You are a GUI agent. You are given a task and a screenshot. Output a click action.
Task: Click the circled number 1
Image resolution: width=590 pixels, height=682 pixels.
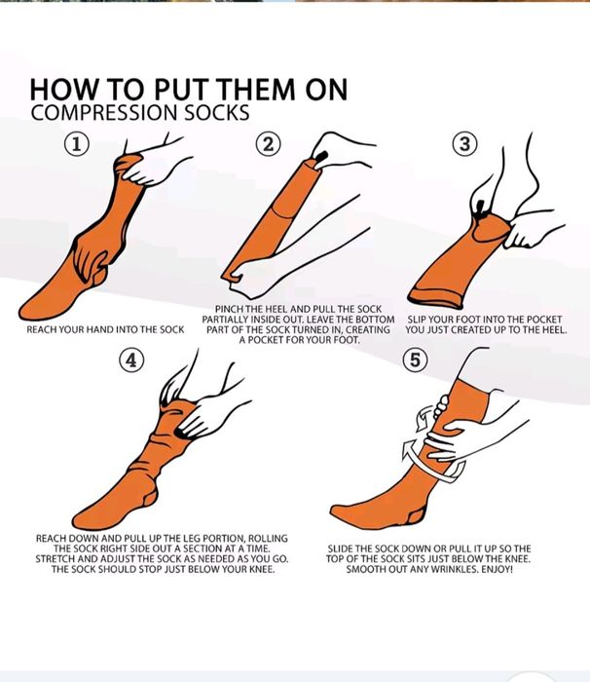[77, 144]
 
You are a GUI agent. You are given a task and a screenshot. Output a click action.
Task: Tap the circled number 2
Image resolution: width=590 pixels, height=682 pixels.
[269, 144]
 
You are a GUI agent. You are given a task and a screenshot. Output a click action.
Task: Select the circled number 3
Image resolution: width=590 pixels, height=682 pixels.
[464, 144]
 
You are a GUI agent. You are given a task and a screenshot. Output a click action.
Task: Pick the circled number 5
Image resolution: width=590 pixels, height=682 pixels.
[415, 360]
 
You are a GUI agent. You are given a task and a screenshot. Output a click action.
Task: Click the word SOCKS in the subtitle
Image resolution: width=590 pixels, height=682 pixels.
[217, 113]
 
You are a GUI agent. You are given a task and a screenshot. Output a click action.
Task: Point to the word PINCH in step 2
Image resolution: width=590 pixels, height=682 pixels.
[229, 309]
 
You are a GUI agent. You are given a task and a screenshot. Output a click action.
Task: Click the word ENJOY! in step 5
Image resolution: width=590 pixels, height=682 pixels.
[497, 569]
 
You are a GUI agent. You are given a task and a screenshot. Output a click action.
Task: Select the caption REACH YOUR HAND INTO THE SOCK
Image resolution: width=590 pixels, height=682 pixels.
[106, 329]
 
